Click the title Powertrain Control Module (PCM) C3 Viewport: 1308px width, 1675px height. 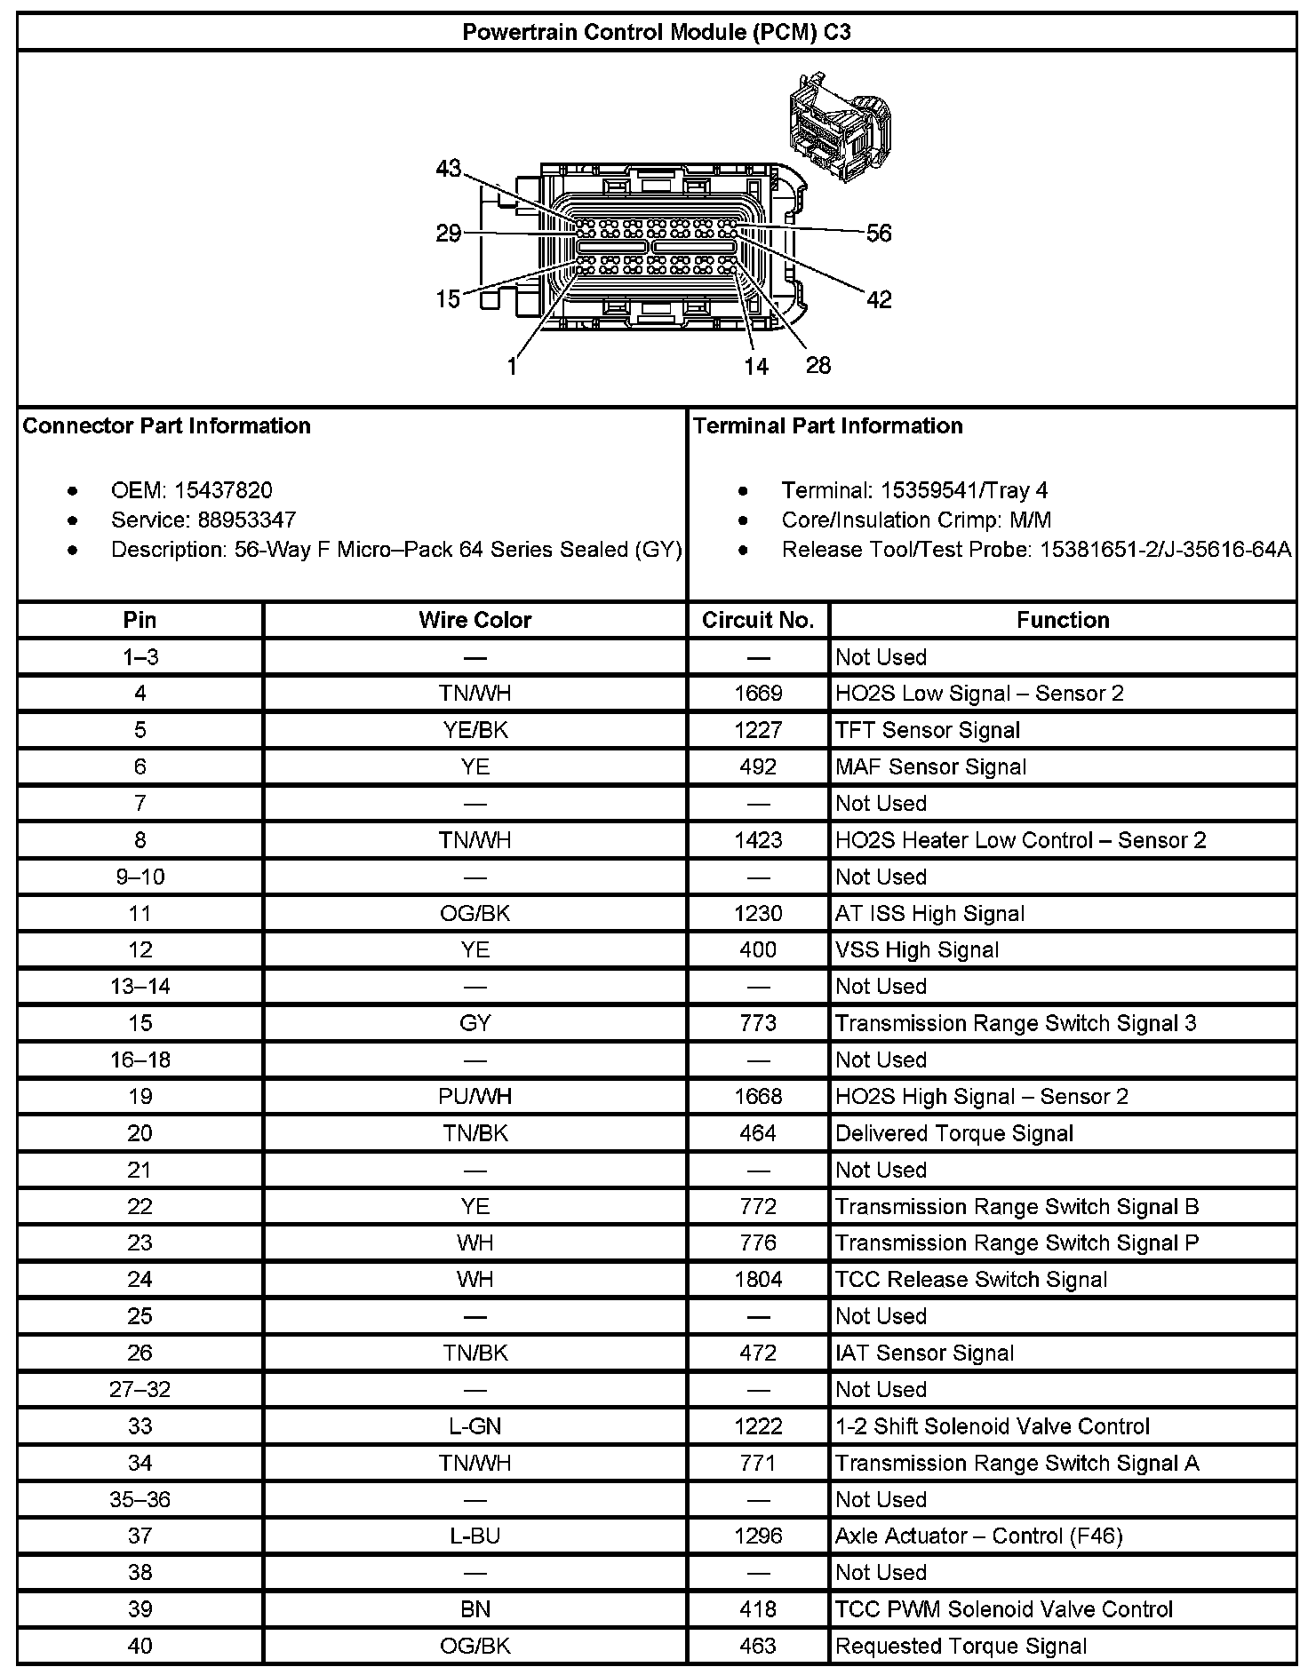coord(656,33)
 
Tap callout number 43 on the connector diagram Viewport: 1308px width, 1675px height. coord(449,168)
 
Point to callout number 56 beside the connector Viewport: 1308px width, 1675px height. coord(878,234)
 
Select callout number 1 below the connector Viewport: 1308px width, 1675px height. coord(513,367)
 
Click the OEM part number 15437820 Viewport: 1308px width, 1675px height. coord(223,490)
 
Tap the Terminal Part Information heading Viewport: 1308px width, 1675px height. coord(827,426)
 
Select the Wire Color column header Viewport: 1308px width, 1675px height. coord(475,620)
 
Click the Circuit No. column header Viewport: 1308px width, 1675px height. coord(758,620)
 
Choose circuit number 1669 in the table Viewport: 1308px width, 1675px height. coord(758,694)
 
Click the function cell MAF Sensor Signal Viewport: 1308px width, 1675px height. coord(930,767)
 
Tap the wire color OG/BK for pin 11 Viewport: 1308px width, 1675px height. coord(475,914)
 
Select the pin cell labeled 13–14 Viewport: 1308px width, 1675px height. coord(140,987)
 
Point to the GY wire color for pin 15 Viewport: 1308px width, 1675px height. coord(475,1023)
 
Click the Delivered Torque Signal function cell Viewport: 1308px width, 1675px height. coord(953,1133)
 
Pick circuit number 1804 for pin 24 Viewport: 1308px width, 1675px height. coord(758,1280)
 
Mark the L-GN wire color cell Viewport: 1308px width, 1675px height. coord(475,1426)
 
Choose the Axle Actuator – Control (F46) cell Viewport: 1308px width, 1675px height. coord(978,1536)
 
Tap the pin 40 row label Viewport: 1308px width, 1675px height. coord(140,1646)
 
